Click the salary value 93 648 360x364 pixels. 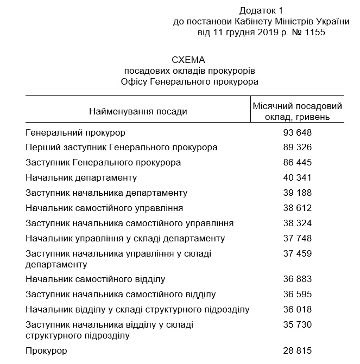click(298, 132)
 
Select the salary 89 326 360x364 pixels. click(298, 148)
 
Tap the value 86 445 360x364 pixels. click(298, 162)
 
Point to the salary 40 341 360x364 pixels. click(298, 177)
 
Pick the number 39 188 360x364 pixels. click(298, 193)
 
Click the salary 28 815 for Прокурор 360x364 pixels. click(298, 351)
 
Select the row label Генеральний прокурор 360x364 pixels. click(75, 132)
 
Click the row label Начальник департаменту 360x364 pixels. click(81, 177)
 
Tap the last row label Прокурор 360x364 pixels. click(46, 351)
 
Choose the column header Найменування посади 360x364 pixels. click(138, 111)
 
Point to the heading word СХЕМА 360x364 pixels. click(189, 60)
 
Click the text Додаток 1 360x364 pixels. click(261, 11)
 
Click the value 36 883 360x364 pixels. click(298, 279)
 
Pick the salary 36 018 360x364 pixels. click(298, 310)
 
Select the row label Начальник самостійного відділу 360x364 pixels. click(95, 279)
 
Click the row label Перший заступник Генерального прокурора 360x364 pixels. click(122, 148)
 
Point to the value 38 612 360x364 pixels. click(298, 208)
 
